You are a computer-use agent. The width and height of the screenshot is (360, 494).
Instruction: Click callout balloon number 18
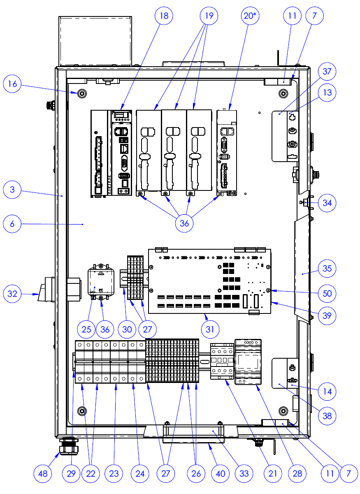(164, 16)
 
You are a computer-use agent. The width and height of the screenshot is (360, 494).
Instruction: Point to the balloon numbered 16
(13, 84)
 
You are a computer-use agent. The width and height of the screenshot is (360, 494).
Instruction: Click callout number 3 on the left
(13, 190)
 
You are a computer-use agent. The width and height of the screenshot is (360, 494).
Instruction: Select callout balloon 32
(13, 294)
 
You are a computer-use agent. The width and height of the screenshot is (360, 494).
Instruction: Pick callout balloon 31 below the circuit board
(210, 329)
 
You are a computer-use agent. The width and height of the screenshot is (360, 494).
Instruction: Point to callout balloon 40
(221, 473)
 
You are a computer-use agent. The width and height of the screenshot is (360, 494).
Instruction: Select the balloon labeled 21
(272, 473)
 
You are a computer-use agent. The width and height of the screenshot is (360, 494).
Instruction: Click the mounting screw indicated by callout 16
(82, 93)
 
